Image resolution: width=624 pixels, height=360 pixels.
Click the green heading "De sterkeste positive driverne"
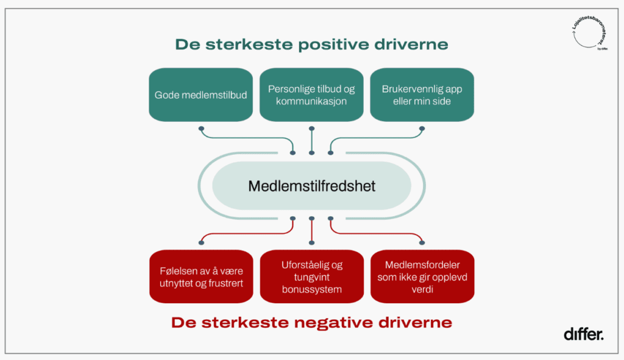click(311, 44)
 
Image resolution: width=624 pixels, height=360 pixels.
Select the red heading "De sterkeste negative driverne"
click(311, 322)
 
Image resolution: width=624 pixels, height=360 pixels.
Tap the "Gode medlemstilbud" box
click(200, 94)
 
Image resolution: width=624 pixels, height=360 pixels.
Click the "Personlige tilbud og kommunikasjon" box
click(311, 94)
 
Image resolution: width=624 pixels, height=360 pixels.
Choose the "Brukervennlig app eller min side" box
click(422, 94)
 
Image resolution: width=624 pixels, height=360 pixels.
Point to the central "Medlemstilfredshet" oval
click(311, 185)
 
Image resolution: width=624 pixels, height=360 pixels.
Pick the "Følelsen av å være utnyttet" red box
click(200, 276)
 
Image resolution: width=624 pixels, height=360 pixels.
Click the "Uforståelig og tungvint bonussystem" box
click(311, 276)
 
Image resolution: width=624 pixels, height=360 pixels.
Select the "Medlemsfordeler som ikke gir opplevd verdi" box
click(422, 276)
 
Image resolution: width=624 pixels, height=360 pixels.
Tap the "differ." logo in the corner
click(583, 334)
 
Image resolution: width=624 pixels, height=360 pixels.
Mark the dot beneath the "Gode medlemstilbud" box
click(200, 129)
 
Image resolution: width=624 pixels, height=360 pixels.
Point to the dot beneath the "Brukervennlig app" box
click(422, 129)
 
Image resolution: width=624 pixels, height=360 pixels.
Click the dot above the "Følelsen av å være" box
click(200, 242)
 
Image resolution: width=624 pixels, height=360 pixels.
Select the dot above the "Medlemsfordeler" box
click(422, 242)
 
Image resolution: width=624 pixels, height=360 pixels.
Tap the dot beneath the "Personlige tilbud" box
click(311, 129)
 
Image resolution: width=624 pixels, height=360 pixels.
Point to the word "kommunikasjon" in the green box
click(311, 101)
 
